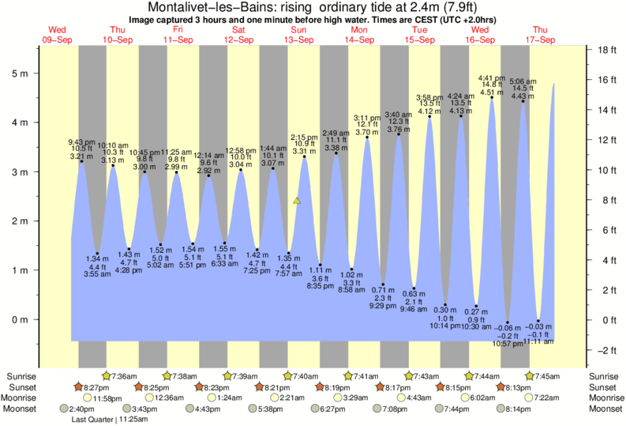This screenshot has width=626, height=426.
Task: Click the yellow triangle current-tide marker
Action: point(297,201)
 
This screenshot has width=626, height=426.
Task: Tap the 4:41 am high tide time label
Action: point(492,77)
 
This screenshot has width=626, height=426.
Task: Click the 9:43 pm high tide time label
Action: point(81,142)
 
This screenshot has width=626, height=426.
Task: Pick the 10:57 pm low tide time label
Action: point(508,344)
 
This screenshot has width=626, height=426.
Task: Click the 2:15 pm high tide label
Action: point(304,137)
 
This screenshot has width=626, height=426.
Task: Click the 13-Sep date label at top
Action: point(298,40)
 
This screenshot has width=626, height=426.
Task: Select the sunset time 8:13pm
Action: point(518,387)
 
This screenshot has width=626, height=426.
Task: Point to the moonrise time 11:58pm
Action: point(108,398)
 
